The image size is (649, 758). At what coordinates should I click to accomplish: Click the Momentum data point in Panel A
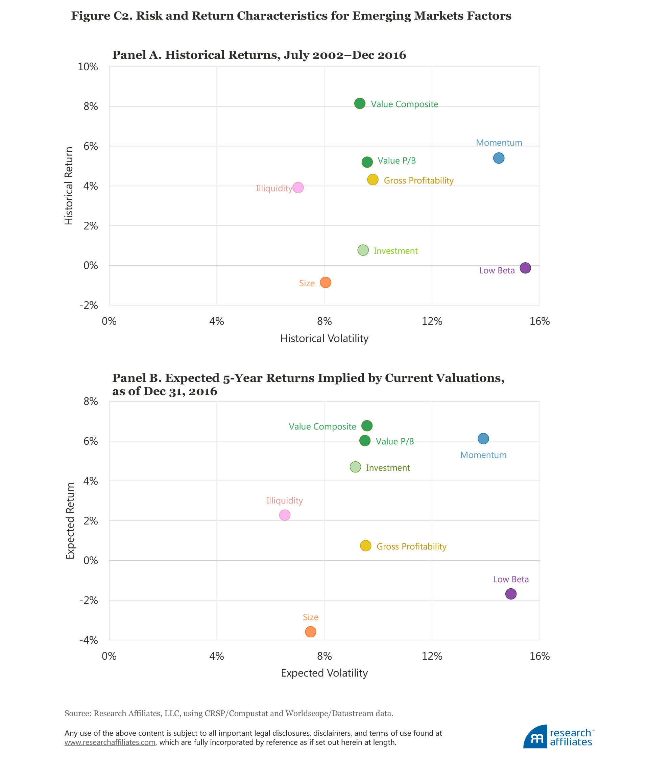(x=498, y=158)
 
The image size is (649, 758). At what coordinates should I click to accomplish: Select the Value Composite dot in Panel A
(x=360, y=103)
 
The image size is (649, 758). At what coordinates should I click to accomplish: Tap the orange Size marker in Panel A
(x=325, y=283)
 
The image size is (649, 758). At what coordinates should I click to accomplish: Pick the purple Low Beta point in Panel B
(x=511, y=594)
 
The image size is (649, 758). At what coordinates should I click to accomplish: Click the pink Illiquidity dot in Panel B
(x=285, y=515)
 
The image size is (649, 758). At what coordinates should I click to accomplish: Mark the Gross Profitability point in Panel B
(x=365, y=546)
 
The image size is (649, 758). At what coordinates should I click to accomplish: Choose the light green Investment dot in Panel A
(x=363, y=250)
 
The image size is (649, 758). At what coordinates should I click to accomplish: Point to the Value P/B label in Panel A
(x=396, y=161)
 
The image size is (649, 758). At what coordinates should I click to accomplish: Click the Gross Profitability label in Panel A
(x=418, y=181)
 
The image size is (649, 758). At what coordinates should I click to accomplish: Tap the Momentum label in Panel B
(x=483, y=455)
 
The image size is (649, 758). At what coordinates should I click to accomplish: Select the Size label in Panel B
(x=311, y=617)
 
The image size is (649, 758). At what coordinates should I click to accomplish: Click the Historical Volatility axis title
(x=324, y=339)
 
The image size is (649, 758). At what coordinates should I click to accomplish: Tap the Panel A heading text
(x=259, y=55)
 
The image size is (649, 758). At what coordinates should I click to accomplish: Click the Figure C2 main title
(x=291, y=16)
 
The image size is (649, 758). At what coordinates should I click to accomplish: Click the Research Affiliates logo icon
(x=536, y=737)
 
